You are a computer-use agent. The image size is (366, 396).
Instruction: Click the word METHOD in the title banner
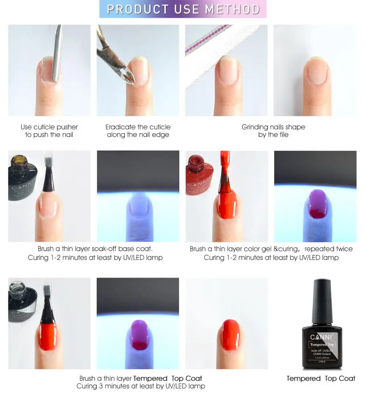point(232,9)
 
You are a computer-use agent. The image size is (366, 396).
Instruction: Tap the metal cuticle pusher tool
point(56,55)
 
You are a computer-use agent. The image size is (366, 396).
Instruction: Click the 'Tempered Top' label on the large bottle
point(322,344)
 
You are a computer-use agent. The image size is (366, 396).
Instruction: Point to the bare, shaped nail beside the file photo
point(316,73)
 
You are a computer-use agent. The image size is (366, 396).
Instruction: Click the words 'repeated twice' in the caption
point(328,249)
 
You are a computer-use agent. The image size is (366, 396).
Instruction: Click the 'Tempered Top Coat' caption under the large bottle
point(321,378)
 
